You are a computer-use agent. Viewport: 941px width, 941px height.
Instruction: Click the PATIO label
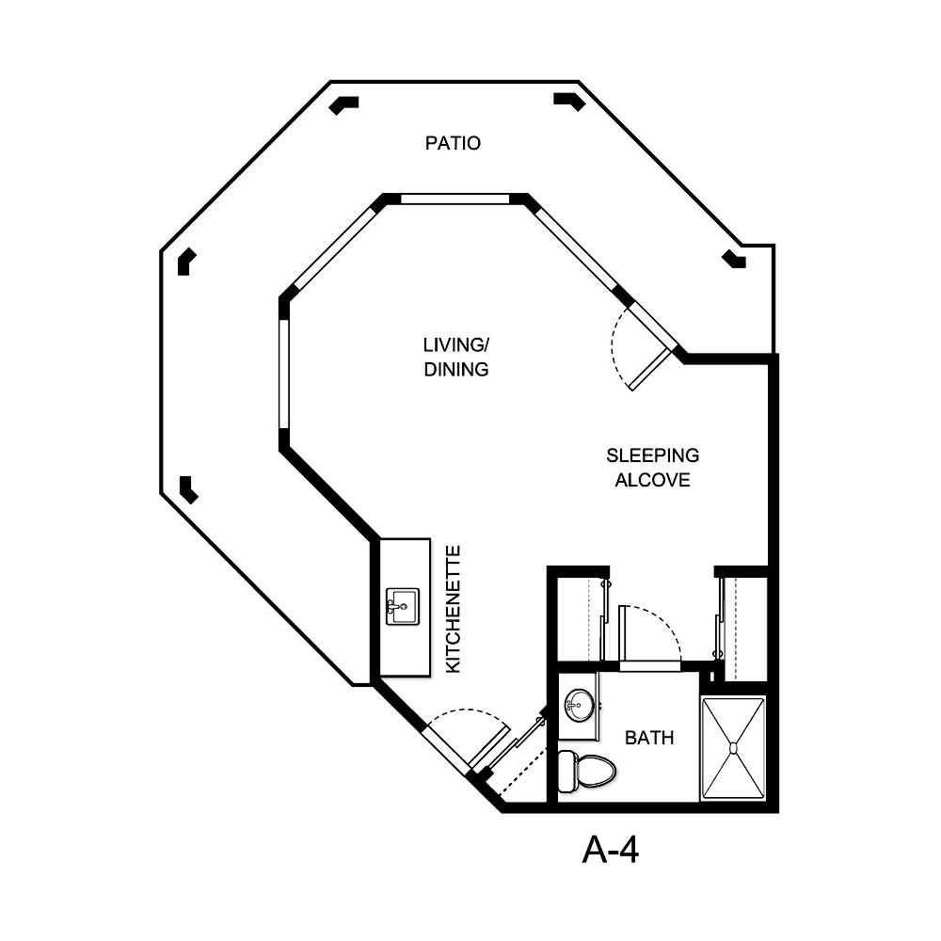[x=453, y=143]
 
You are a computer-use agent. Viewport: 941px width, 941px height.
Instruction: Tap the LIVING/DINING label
[x=455, y=359]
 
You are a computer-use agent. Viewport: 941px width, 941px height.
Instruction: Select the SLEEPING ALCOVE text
[x=652, y=468]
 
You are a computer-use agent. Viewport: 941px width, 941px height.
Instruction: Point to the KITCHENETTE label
[x=453, y=608]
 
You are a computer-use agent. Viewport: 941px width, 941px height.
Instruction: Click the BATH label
[x=649, y=738]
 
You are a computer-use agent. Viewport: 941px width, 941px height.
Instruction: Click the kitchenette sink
[x=402, y=606]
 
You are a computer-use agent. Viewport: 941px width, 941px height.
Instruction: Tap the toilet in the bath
[x=584, y=771]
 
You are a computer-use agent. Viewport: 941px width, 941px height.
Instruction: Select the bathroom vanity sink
[x=578, y=705]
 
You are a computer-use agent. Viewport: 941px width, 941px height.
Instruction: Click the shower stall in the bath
[x=734, y=749]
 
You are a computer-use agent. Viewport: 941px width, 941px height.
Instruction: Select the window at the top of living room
[x=455, y=199]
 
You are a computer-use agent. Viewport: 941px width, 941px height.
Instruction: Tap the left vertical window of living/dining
[x=282, y=374]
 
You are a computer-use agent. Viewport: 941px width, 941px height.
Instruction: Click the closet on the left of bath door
[x=576, y=619]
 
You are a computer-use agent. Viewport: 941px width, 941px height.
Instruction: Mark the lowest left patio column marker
[x=188, y=488]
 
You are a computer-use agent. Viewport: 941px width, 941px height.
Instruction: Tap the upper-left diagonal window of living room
[x=333, y=247]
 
